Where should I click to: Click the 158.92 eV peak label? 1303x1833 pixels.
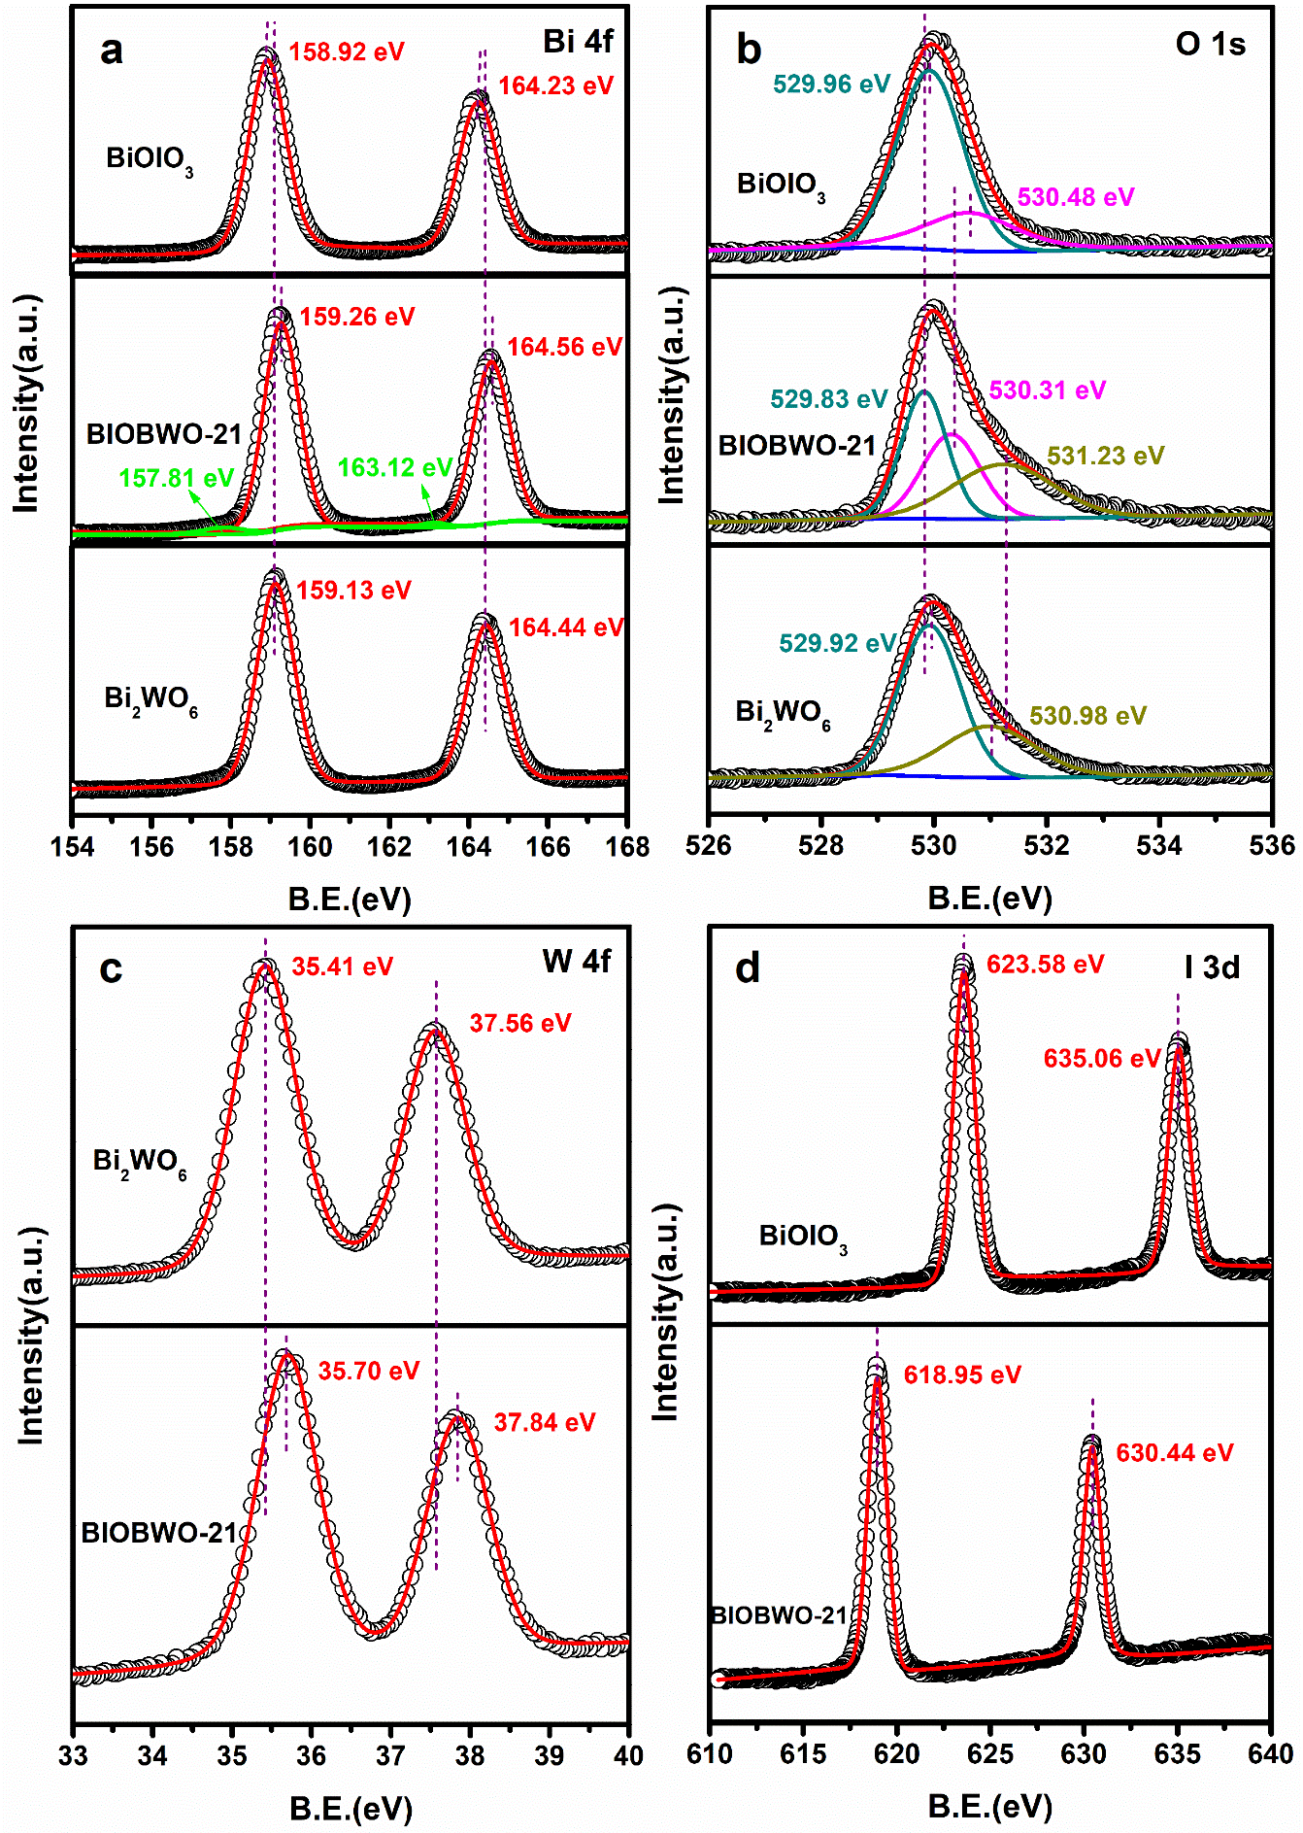click(347, 51)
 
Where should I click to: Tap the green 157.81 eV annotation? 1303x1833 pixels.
click(176, 478)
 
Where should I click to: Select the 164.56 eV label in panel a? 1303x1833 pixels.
click(564, 347)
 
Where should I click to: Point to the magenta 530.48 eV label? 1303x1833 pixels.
click(1076, 197)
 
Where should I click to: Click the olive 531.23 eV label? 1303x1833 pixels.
click(1106, 456)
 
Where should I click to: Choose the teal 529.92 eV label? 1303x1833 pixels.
click(837, 643)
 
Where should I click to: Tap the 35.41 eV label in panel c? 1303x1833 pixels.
click(342, 967)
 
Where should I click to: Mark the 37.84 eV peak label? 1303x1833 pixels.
click(544, 1422)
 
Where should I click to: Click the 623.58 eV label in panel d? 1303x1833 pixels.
click(1045, 964)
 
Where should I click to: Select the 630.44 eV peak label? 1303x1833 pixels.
click(1174, 1452)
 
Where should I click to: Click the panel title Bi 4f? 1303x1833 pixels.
click(578, 42)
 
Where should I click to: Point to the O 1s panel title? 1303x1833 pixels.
click(1210, 45)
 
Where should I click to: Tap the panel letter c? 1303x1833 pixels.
click(111, 969)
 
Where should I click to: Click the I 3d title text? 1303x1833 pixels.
click(1212, 967)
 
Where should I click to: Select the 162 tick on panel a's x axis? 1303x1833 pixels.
click(389, 847)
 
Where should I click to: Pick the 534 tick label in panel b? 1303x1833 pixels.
click(1159, 845)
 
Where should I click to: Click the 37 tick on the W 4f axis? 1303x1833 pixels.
click(390, 1755)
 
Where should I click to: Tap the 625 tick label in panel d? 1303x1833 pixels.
click(990, 1753)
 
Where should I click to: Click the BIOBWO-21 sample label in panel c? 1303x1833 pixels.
click(160, 1533)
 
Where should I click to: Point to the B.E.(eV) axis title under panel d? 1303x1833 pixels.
click(990, 1807)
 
